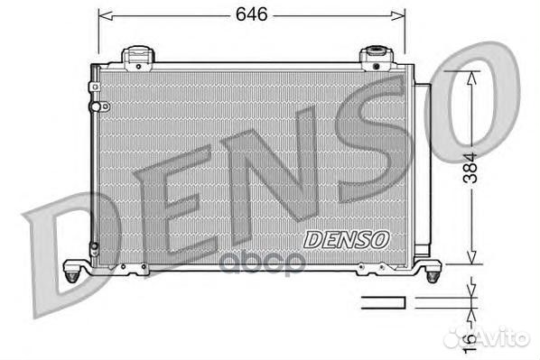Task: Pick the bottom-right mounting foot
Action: click(x=432, y=269)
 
